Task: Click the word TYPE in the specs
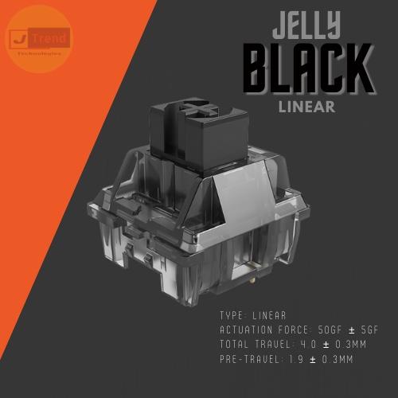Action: click(x=232, y=315)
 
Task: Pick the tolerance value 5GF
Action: click(x=373, y=329)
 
